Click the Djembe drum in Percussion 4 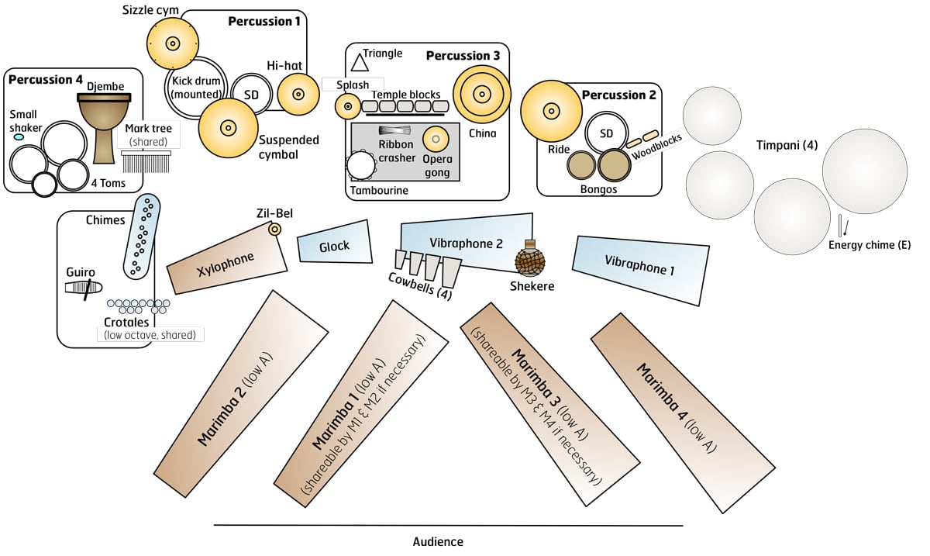coord(104,124)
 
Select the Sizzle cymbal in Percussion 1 coord(171,43)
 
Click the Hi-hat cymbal coord(298,94)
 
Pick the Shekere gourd coord(532,261)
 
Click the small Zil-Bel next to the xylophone coord(274,229)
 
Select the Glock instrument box coord(335,247)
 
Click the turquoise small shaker coord(19,137)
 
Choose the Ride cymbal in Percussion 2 coord(551,111)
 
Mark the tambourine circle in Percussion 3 coord(360,165)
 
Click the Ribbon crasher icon coord(394,130)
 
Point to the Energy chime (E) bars coord(842,226)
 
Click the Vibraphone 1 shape coord(640,268)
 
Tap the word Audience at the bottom coord(438,542)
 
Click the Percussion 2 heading coord(618,95)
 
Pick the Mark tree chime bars coord(146,163)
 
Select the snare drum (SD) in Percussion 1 coord(251,93)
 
